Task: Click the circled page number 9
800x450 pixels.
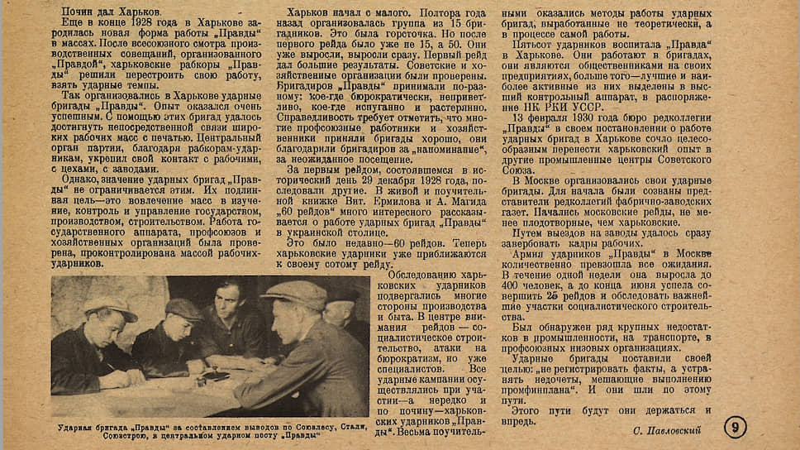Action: pyautogui.click(x=735, y=427)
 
